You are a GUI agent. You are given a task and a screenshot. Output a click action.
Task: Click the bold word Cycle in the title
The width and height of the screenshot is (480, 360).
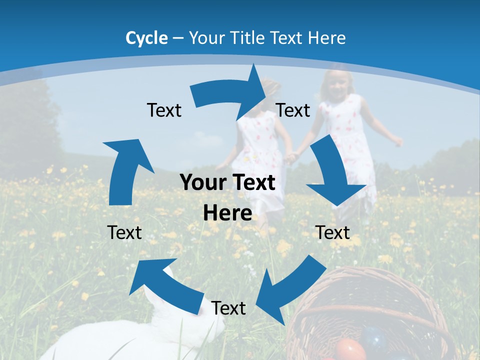tap(146, 38)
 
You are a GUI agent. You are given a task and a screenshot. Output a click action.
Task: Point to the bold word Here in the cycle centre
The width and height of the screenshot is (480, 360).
tap(227, 213)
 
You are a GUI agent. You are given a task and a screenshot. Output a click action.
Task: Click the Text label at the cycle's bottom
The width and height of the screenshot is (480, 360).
tap(228, 308)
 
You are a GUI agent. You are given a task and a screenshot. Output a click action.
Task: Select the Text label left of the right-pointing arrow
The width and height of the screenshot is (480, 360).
tap(164, 110)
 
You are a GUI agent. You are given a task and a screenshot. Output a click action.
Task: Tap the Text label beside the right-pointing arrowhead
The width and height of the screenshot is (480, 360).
tap(293, 110)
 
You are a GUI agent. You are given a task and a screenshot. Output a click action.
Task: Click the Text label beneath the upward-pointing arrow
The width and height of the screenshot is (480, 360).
tap(124, 232)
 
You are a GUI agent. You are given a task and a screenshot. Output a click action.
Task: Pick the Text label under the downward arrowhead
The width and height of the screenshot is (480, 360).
tap(332, 232)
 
